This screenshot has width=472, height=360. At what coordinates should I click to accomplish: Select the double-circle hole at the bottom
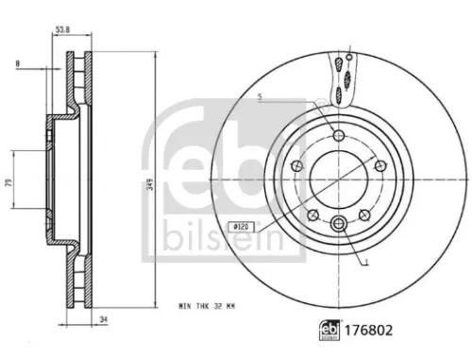click(x=338, y=223)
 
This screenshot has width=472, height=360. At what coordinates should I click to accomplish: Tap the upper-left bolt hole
click(x=298, y=165)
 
